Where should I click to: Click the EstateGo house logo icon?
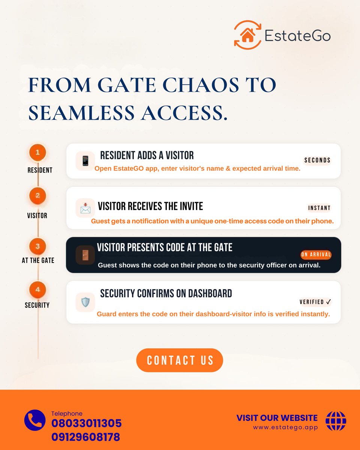[x=247, y=35]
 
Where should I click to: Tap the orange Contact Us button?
[x=180, y=360]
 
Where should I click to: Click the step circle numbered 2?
[x=37, y=196]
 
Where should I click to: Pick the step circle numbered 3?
[x=37, y=246]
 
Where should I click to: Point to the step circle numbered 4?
[x=37, y=289]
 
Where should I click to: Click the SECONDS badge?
[x=317, y=160]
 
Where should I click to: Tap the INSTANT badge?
[x=319, y=208]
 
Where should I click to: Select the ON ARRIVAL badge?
[x=316, y=255]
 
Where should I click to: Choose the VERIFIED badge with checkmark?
[x=315, y=302]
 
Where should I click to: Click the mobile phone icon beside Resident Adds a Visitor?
[x=85, y=161]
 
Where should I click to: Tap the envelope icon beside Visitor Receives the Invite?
[x=85, y=208]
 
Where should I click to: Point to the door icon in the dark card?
[x=85, y=255]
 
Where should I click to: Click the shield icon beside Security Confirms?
[x=85, y=302]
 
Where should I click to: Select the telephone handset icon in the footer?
[x=34, y=420]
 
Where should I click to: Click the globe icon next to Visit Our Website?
[x=336, y=421]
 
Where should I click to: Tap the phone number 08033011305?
[x=86, y=424]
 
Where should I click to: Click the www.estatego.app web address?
[x=285, y=427]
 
